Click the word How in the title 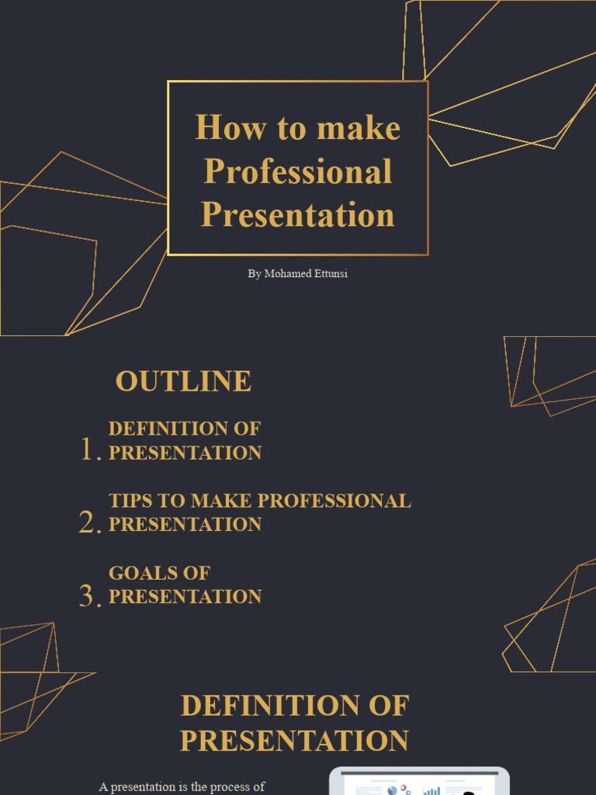[x=220, y=128]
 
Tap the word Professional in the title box [x=298, y=172]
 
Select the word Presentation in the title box [x=298, y=215]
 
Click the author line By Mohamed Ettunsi [x=298, y=274]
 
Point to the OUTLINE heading [x=183, y=381]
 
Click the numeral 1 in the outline [x=87, y=450]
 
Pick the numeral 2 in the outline [x=88, y=522]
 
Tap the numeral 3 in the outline [x=88, y=595]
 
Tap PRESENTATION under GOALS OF [x=185, y=596]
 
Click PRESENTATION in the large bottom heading [x=294, y=741]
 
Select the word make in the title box [x=359, y=128]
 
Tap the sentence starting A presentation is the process [x=182, y=786]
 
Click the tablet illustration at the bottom [x=419, y=782]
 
